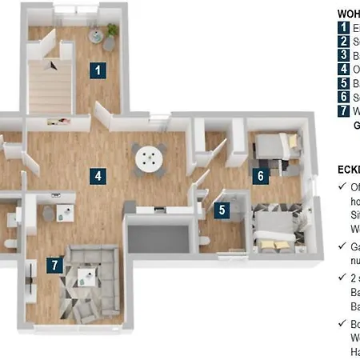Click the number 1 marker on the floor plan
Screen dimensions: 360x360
click(98, 70)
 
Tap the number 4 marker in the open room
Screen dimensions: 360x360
click(98, 175)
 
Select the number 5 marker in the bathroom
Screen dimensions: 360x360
click(223, 211)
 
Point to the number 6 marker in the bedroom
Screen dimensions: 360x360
click(260, 176)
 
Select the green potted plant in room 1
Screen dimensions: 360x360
click(112, 30)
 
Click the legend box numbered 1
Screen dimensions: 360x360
click(344, 27)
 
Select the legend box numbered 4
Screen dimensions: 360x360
click(344, 69)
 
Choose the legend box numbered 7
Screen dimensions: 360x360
click(344, 111)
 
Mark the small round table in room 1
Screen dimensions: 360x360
click(97, 35)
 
